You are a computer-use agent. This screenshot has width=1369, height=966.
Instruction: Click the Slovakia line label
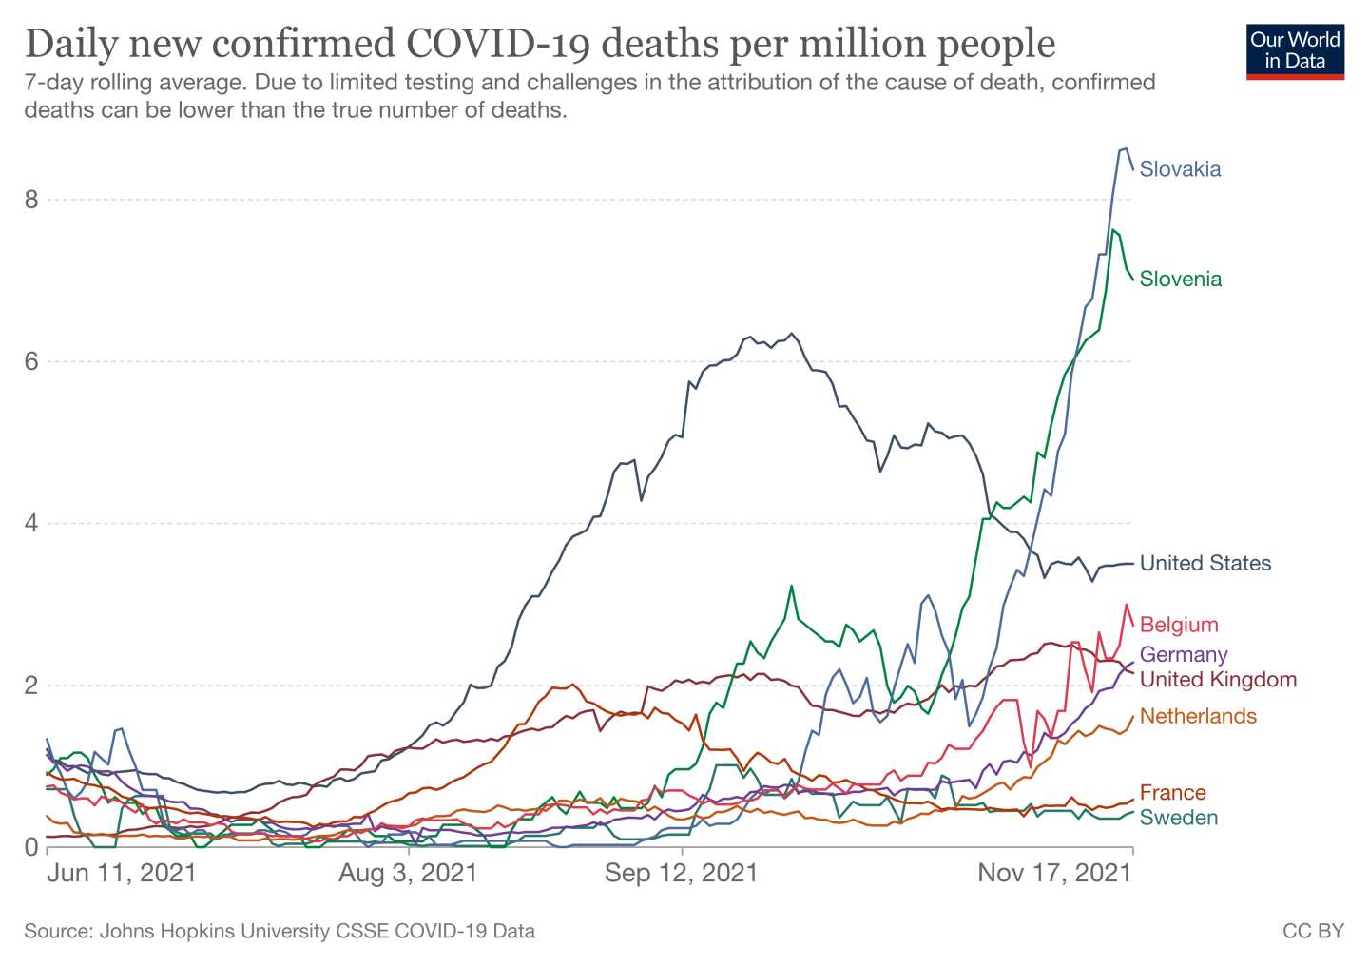pyautogui.click(x=1180, y=169)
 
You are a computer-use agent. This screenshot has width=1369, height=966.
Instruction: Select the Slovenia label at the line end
pyautogui.click(x=1181, y=279)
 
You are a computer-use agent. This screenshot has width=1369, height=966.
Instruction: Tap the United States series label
pyautogui.click(x=1205, y=563)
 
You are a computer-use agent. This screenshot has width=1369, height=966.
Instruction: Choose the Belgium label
pyautogui.click(x=1178, y=625)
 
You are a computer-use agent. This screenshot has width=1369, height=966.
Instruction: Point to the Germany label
pyautogui.click(x=1183, y=654)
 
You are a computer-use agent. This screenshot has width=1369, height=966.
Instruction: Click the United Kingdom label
pyautogui.click(x=1218, y=679)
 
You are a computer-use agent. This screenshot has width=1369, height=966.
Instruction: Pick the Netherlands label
pyautogui.click(x=1197, y=716)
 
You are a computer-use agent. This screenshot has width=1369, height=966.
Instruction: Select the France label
pyautogui.click(x=1172, y=793)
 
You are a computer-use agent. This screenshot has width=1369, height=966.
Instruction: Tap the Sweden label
pyautogui.click(x=1178, y=818)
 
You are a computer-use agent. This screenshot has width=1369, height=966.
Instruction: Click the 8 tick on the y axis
pyautogui.click(x=31, y=200)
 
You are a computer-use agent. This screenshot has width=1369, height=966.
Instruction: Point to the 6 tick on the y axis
pyautogui.click(x=31, y=361)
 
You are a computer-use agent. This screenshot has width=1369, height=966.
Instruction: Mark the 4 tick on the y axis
pyautogui.click(x=31, y=523)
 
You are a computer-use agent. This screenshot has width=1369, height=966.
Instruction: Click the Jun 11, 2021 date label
pyautogui.click(x=122, y=873)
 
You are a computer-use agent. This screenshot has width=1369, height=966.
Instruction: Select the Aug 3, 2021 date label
pyautogui.click(x=408, y=873)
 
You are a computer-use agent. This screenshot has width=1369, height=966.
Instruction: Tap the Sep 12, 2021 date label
pyautogui.click(x=682, y=873)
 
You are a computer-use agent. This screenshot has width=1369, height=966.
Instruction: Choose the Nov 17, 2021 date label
pyautogui.click(x=1055, y=873)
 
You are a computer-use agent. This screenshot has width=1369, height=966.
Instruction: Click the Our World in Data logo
pyautogui.click(x=1295, y=51)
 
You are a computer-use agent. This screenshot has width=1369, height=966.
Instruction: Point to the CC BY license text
pyautogui.click(x=1313, y=931)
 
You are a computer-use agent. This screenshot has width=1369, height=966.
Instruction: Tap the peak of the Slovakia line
pyautogui.click(x=1126, y=148)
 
